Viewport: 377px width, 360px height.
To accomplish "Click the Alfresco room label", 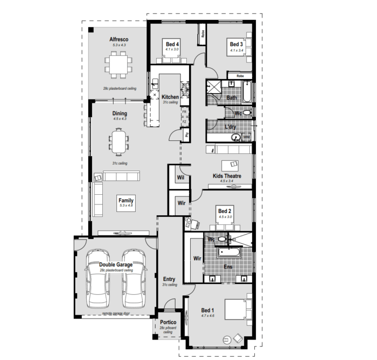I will coord(118,39).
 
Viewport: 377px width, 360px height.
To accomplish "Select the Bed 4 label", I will coord(172,44).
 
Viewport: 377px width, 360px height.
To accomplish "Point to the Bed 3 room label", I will coord(236,45).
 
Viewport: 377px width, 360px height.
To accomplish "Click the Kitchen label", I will coord(170,97).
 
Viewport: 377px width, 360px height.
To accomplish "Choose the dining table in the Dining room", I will coord(120,142).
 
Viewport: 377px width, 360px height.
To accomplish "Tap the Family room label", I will coord(126,200).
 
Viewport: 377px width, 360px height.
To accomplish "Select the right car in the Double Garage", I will coord(132,278).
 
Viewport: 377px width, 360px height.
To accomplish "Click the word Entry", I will coord(169,279).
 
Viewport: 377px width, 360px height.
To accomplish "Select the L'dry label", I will coord(230,127).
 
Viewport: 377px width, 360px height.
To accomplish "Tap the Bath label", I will coord(232,98).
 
